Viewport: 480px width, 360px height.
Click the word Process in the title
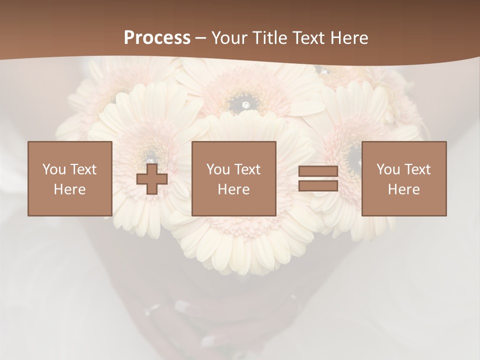(x=157, y=38)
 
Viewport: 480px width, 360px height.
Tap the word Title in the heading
(x=270, y=38)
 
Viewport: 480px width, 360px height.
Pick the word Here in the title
(x=350, y=38)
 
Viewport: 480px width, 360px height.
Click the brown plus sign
(x=152, y=179)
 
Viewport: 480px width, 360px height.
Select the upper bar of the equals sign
(x=318, y=171)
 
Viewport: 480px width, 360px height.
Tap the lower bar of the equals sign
(x=318, y=185)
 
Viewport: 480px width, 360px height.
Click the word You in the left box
(x=54, y=169)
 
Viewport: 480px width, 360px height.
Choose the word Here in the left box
(x=69, y=189)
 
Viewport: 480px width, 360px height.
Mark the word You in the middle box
(x=218, y=169)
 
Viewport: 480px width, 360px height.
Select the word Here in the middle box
(x=233, y=189)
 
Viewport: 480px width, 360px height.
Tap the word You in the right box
(x=388, y=169)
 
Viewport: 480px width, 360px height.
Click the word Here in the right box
(x=403, y=189)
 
